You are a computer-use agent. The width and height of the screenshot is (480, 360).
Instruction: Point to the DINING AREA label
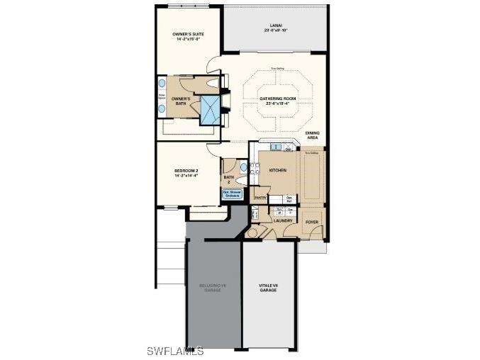(313, 135)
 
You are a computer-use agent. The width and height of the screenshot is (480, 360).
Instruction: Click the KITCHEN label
(277, 171)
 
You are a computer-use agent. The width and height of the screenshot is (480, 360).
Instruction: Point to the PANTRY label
(260, 198)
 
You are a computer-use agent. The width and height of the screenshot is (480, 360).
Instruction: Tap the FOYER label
(312, 222)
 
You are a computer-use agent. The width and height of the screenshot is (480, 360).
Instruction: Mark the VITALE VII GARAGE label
(267, 288)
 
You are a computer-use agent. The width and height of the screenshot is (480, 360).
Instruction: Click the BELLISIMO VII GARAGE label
(213, 288)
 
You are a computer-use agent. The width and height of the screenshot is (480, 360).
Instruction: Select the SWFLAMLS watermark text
(175, 351)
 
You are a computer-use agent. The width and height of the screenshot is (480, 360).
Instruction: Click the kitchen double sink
(289, 150)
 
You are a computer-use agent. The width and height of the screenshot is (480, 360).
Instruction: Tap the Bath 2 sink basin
(244, 168)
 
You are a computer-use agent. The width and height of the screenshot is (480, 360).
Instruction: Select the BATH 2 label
(228, 179)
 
